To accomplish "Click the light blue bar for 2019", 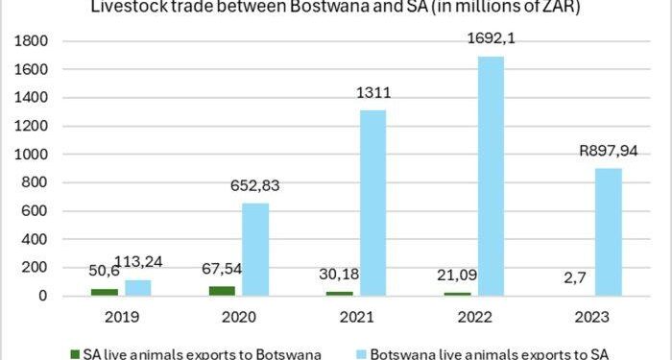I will tap(137, 288).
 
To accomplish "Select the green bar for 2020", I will tap(223, 291).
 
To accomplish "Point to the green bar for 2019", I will tap(105, 292).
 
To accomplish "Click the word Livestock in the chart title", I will tap(125, 9).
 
